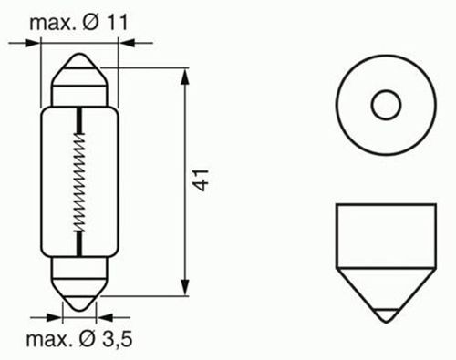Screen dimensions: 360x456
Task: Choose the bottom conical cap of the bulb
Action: (x=81, y=290)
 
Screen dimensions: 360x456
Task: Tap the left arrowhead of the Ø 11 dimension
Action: (x=36, y=41)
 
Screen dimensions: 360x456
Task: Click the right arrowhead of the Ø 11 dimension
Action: (x=127, y=41)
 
